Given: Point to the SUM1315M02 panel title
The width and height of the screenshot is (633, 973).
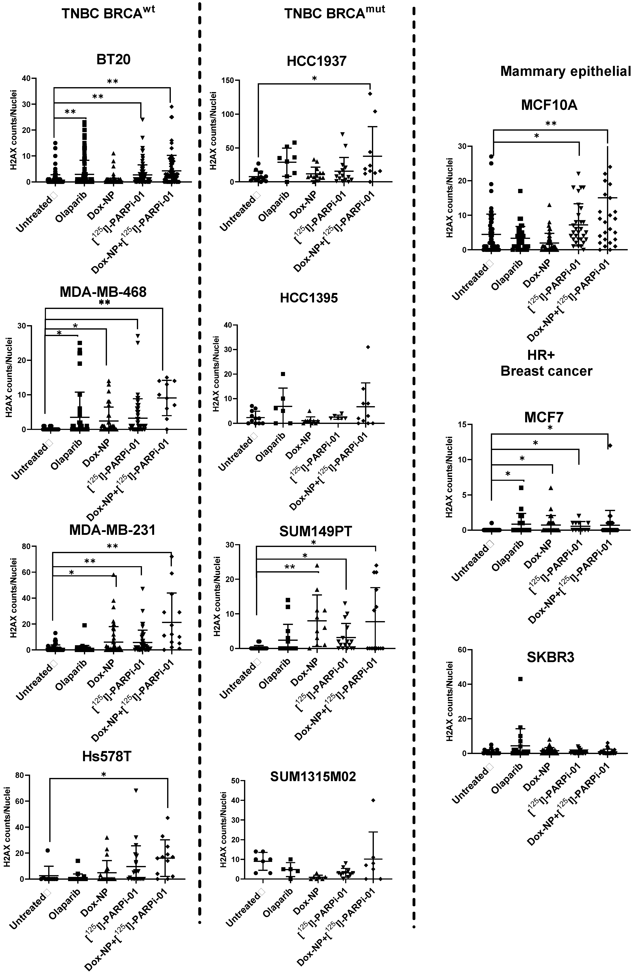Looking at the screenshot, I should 313,776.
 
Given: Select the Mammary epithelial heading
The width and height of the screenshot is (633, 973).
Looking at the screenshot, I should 566,71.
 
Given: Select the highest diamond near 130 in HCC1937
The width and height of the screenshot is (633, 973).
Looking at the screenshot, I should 370,94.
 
